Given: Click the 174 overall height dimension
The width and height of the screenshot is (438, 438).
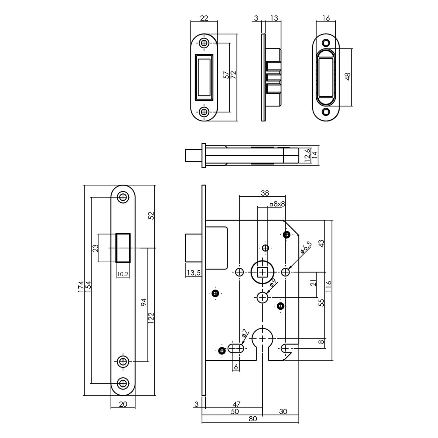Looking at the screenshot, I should tap(80, 289).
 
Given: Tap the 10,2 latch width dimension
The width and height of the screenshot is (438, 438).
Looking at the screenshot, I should tap(123, 274).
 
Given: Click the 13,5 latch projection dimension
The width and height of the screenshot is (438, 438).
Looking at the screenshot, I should tap(193, 272).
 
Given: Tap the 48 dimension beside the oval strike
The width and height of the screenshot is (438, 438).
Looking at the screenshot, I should tap(347, 77).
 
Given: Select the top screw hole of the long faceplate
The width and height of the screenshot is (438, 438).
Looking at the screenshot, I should tap(124, 197).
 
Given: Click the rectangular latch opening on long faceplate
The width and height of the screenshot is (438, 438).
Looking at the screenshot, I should tap(123, 248).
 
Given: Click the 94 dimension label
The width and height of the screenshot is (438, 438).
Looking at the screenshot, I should tap(144, 302).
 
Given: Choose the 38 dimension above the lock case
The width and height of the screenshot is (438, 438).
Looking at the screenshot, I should tap(265, 193).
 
